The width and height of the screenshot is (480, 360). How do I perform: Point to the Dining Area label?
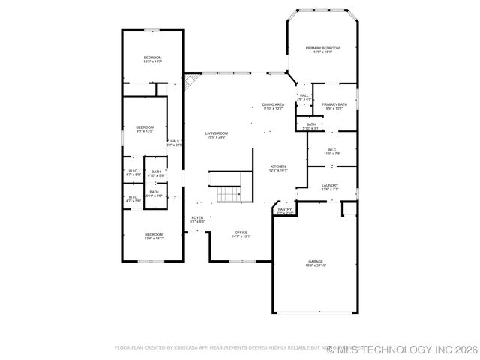pyautogui.click(x=273, y=106)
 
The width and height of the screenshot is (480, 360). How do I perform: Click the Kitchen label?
pyautogui.click(x=278, y=167)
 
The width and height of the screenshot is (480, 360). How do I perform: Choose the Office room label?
pyautogui.click(x=241, y=233)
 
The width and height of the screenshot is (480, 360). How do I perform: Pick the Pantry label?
pyautogui.click(x=285, y=210)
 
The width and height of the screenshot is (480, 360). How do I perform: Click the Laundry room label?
pyautogui.click(x=330, y=186)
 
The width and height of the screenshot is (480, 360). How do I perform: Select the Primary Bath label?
pyautogui.click(x=334, y=105)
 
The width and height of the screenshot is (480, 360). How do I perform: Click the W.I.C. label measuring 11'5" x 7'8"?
pyautogui.click(x=333, y=151)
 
